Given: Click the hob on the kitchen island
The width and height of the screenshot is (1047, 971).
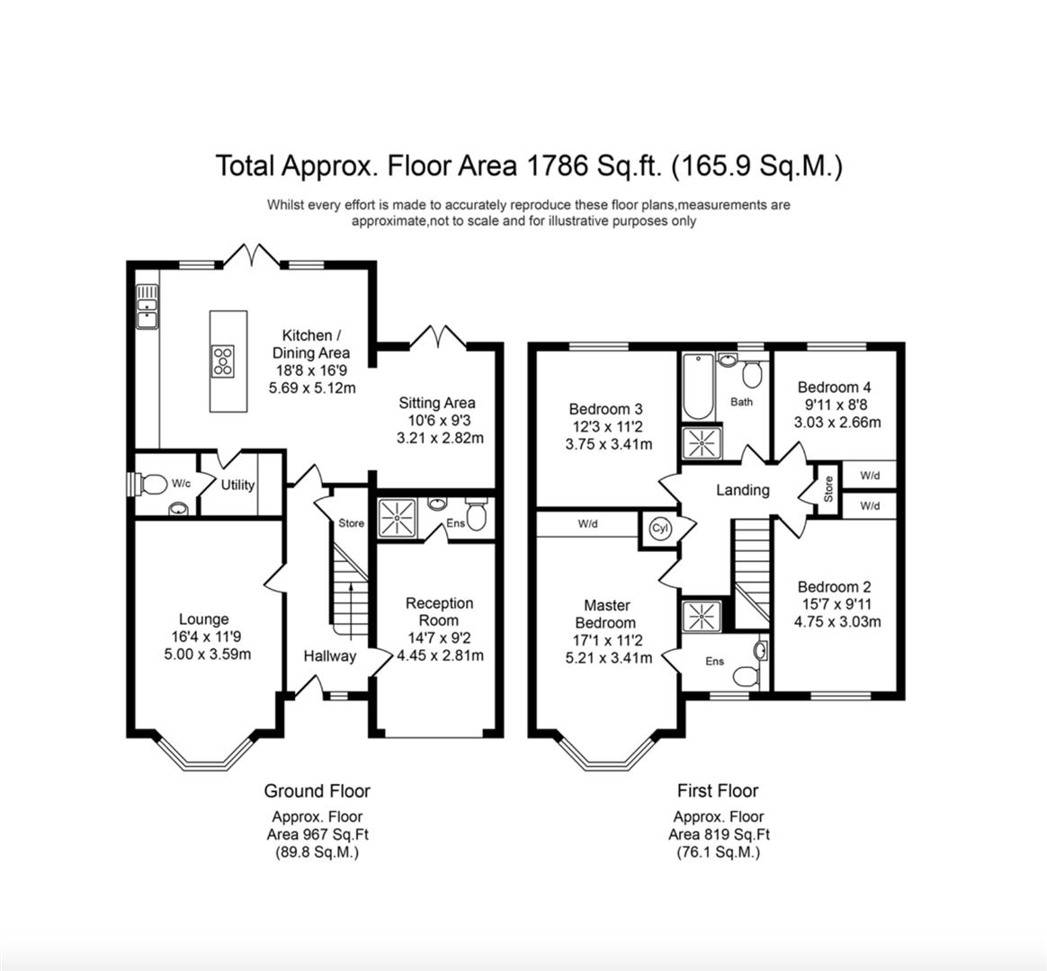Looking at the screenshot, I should click(x=223, y=361).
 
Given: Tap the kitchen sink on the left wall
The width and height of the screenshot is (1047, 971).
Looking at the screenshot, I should click(x=146, y=307).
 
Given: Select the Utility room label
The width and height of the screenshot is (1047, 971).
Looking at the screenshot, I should click(x=238, y=485).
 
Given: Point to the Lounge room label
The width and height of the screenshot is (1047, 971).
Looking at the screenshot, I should click(x=203, y=619).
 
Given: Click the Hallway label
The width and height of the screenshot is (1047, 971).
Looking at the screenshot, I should click(x=329, y=656).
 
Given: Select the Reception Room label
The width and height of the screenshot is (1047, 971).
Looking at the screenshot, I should click(x=439, y=611).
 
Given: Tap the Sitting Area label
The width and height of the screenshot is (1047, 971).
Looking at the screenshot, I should click(x=437, y=403).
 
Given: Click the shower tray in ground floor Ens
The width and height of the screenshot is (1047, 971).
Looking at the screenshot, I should click(x=393, y=517).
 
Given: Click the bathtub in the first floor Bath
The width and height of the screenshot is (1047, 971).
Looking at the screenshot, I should click(x=698, y=388).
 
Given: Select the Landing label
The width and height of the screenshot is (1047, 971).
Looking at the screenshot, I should click(x=742, y=490).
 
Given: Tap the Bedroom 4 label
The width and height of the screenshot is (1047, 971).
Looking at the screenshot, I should click(x=834, y=388).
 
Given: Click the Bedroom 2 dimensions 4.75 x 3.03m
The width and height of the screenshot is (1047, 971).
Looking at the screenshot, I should click(x=837, y=621).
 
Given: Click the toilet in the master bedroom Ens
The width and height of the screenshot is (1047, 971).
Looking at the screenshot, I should click(x=745, y=676).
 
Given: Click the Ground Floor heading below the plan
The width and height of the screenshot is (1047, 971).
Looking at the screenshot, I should click(x=317, y=791).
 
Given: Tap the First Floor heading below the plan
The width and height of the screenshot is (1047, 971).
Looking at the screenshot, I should click(x=717, y=791).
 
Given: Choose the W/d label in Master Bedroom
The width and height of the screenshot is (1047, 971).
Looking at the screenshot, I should click(x=588, y=523).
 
